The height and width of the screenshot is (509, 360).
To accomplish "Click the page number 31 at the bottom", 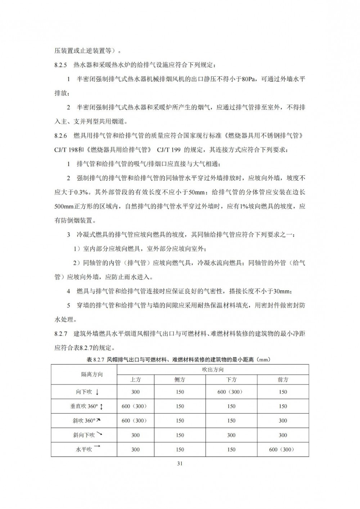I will (180, 463).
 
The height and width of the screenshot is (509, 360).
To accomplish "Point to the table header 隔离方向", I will (92, 374).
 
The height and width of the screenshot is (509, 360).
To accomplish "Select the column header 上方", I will (135, 379).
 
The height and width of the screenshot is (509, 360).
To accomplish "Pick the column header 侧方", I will (180, 379).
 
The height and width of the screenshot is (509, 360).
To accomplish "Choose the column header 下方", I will (231, 379).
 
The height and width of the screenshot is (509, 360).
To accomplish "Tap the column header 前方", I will (283, 379).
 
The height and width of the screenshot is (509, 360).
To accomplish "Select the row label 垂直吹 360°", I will (84, 406).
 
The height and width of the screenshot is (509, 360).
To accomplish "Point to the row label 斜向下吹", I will (84, 435).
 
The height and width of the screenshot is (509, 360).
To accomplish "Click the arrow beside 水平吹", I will (97, 447).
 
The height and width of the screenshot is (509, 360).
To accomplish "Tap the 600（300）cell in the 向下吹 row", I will (231, 392).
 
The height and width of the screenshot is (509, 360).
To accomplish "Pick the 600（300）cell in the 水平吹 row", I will (283, 450).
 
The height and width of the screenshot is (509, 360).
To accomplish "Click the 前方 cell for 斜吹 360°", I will (283, 421).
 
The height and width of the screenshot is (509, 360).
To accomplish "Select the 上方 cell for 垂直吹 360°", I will (135, 406).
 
